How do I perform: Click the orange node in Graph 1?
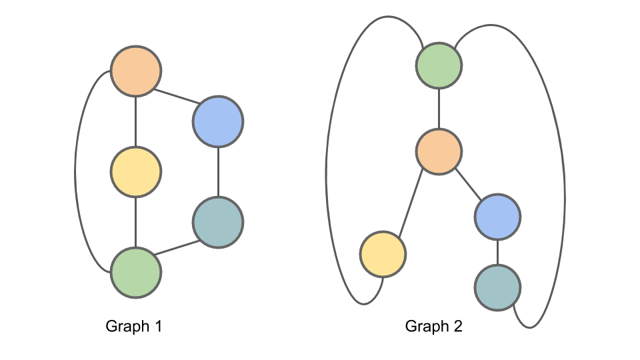click(136, 71)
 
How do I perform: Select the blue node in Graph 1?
click(218, 121)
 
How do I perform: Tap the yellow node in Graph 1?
click(136, 172)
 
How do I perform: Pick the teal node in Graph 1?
click(218, 223)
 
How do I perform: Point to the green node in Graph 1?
click(136, 273)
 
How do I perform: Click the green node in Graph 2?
click(439, 65)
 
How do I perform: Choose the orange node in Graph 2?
click(439, 152)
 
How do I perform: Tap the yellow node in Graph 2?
click(383, 254)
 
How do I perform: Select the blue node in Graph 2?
click(497, 217)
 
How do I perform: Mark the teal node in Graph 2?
click(497, 287)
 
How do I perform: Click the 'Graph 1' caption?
click(134, 327)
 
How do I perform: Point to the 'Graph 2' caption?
click(434, 327)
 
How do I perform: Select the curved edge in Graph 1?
click(75, 172)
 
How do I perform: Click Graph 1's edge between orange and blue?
click(177, 96)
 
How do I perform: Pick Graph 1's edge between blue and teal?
click(218, 172)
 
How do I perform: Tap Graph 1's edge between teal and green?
click(177, 247)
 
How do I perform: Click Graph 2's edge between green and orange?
click(439, 109)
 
